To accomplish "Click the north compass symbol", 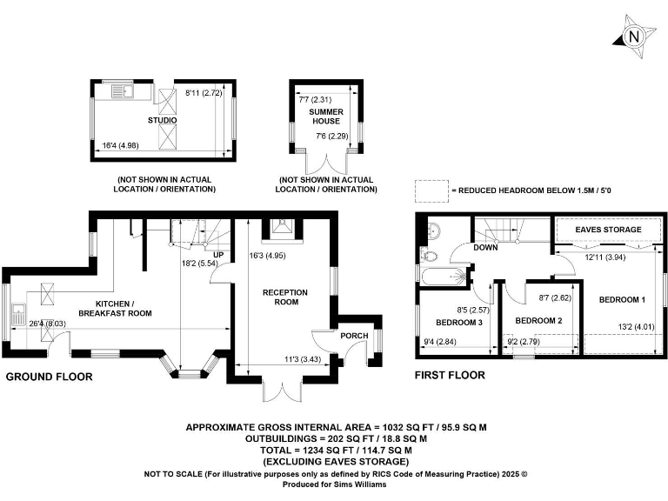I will pyautogui.click(x=633, y=37).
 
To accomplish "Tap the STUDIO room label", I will pyautogui.click(x=162, y=120).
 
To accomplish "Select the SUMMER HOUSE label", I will pyautogui.click(x=327, y=116).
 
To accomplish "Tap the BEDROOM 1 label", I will pyautogui.click(x=623, y=300).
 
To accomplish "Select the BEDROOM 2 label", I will pyautogui.click(x=539, y=321).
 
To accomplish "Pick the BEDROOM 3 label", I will pyautogui.click(x=458, y=323).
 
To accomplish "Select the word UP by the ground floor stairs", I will pyautogui.click(x=220, y=255).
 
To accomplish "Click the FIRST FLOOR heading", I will pyautogui.click(x=451, y=376).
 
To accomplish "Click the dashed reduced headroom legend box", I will pyautogui.click(x=430, y=190).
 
